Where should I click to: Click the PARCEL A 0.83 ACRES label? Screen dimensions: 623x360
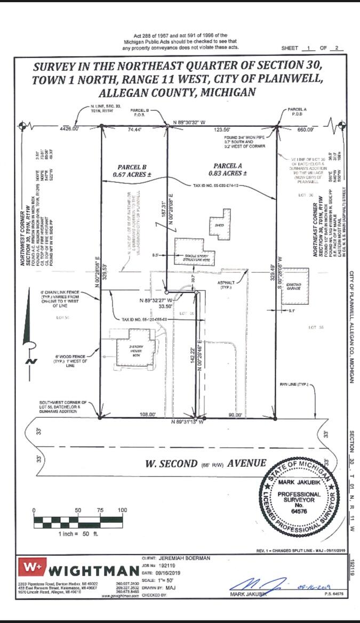(230, 169)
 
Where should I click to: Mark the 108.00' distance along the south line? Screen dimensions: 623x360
(147, 414)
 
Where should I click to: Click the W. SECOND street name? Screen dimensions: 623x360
(172, 464)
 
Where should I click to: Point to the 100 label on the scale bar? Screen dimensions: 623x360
(122, 511)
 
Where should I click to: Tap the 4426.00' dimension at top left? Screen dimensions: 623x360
(69, 129)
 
